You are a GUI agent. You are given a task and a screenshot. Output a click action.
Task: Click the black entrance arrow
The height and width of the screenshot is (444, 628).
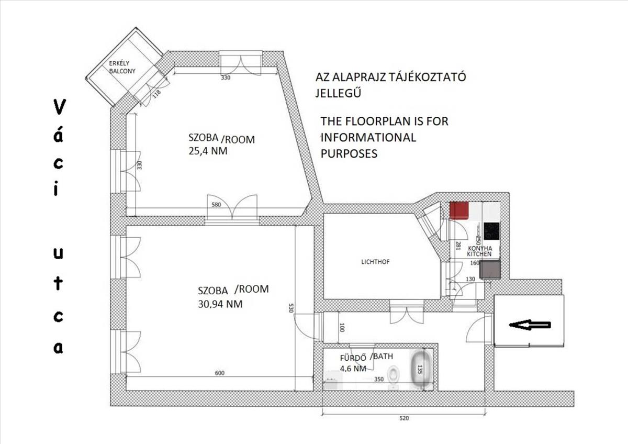tap(530, 325)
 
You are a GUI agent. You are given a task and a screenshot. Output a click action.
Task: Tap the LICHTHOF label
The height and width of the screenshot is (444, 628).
tap(375, 262)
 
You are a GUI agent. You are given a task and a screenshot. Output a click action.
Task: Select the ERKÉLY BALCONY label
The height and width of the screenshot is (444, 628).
tap(122, 68)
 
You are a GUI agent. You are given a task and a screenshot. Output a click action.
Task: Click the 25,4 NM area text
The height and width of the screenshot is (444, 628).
tap(208, 151)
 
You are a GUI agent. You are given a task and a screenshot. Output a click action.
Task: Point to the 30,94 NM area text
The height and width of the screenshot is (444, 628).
tap(220, 304)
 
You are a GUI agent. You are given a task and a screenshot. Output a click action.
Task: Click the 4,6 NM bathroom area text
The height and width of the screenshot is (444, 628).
tap(353, 368)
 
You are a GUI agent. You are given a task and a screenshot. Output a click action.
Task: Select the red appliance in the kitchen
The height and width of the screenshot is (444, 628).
tap(459, 210)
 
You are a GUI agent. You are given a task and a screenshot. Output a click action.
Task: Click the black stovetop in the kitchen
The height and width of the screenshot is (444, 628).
tap(491, 231)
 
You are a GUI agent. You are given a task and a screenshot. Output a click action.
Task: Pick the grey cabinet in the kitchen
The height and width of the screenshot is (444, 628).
tap(489, 269)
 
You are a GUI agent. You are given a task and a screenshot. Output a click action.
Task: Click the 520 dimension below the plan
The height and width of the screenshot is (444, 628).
tap(404, 418)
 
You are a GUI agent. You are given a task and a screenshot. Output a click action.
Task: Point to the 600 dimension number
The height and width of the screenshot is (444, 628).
tap(219, 373)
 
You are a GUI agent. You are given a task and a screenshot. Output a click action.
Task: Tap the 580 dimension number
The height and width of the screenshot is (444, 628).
tap(216, 205)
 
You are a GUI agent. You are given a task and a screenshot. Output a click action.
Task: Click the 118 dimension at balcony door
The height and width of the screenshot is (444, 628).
tap(156, 93)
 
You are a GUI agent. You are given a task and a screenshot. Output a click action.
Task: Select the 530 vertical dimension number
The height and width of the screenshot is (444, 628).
tap(290, 308)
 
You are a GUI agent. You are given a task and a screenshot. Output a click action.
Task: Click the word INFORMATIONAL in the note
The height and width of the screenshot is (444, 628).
tap(368, 137)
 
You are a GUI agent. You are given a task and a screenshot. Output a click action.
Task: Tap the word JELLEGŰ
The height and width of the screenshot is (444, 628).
tap(338, 93)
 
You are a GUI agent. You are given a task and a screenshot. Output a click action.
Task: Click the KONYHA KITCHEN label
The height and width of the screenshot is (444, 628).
tap(479, 251)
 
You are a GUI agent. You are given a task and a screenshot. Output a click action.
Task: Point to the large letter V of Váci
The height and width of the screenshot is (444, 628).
tap(60, 107)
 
